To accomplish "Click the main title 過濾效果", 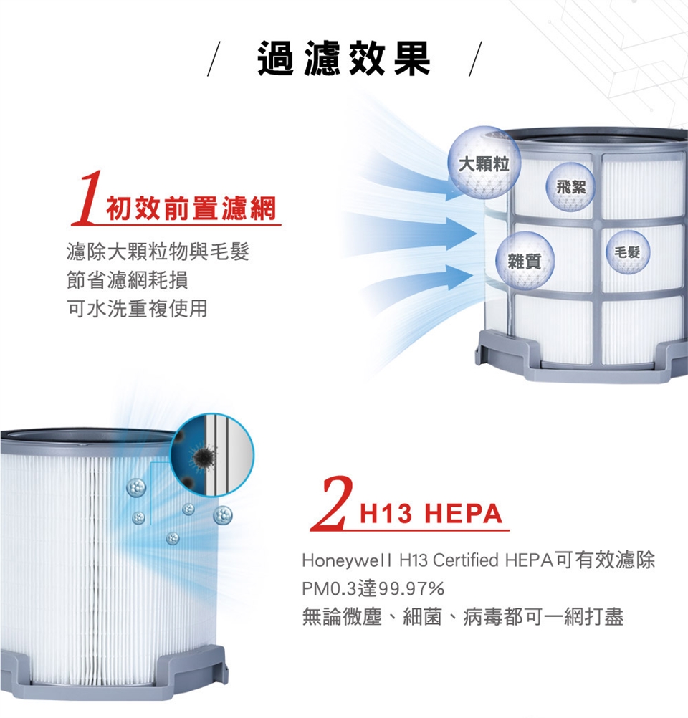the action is tap(344, 58).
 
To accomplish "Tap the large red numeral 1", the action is tap(87, 197).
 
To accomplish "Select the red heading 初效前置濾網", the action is tap(191, 209).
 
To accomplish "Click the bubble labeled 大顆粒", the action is tap(484, 163).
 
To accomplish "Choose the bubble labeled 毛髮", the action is tap(628, 252).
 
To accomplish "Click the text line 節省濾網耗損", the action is tap(128, 279).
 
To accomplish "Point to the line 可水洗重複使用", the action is tap(138, 308).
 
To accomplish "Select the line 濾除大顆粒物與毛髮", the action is tap(158, 252).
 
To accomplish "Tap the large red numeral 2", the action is tap(332, 503).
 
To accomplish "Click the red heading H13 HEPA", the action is tap(431, 513).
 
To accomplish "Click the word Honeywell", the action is tap(346, 560).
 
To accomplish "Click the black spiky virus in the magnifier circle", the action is tap(201, 456).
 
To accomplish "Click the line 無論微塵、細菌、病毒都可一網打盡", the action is tap(463, 617).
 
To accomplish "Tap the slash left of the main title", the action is tap(214, 59).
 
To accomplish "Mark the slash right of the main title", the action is tap(475, 59).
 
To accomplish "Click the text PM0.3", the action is tap(329, 588).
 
